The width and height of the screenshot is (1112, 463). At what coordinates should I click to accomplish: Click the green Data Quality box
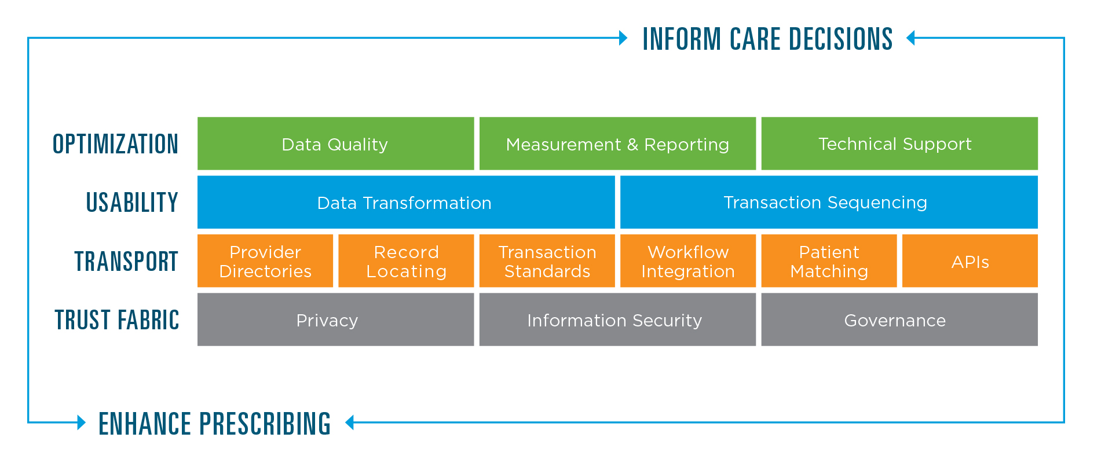(x=335, y=144)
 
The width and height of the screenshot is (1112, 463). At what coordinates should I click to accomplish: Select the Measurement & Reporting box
(x=617, y=144)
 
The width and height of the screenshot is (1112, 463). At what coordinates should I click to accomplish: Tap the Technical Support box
(x=899, y=144)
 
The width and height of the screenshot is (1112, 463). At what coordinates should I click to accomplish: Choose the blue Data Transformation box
(x=406, y=202)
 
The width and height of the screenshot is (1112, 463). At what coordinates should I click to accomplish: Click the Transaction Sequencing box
(x=829, y=202)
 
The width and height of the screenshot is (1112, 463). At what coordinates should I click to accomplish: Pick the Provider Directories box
(x=265, y=261)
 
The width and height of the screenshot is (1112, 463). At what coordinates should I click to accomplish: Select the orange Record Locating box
(x=406, y=261)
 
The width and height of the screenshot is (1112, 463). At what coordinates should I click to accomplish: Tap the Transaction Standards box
(x=547, y=261)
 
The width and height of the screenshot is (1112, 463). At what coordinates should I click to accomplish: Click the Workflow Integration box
(x=688, y=261)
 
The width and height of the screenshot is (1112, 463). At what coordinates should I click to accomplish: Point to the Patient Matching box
(x=829, y=261)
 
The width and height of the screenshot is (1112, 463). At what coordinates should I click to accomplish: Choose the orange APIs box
(x=970, y=261)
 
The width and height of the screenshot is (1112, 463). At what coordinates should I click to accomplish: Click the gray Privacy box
(x=335, y=319)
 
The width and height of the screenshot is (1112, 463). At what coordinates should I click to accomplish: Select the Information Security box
(x=617, y=319)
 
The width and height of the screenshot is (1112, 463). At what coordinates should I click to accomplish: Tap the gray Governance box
(x=899, y=319)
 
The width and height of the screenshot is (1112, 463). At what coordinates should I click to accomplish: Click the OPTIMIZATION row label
(x=115, y=144)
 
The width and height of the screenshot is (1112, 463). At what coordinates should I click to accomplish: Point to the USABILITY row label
(x=132, y=203)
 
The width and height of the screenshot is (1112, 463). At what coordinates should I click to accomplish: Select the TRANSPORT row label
(x=126, y=262)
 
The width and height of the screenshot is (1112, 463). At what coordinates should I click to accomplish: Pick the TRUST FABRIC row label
(x=117, y=320)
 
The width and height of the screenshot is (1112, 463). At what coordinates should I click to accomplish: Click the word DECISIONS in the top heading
(x=840, y=39)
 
